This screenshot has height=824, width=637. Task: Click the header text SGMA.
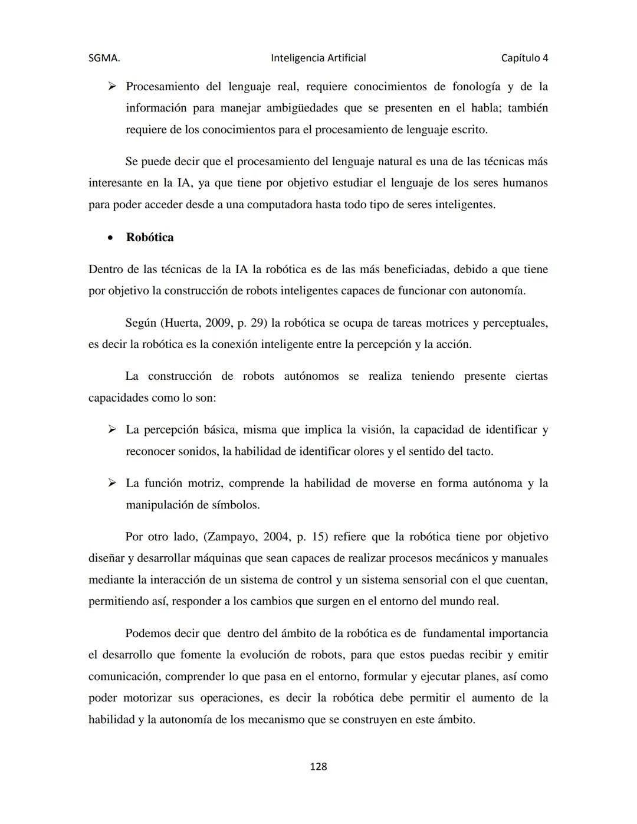104,58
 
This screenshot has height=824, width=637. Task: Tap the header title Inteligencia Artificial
318,58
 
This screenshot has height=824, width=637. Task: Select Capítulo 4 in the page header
524,58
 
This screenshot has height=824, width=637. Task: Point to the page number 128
318,766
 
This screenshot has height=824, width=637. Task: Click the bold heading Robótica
150,237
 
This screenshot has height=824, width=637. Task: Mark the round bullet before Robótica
110,238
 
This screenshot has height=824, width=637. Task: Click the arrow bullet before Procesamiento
111,87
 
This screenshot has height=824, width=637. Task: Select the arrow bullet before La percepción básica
111,430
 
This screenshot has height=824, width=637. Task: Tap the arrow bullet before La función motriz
111,483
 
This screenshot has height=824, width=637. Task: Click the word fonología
476,87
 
